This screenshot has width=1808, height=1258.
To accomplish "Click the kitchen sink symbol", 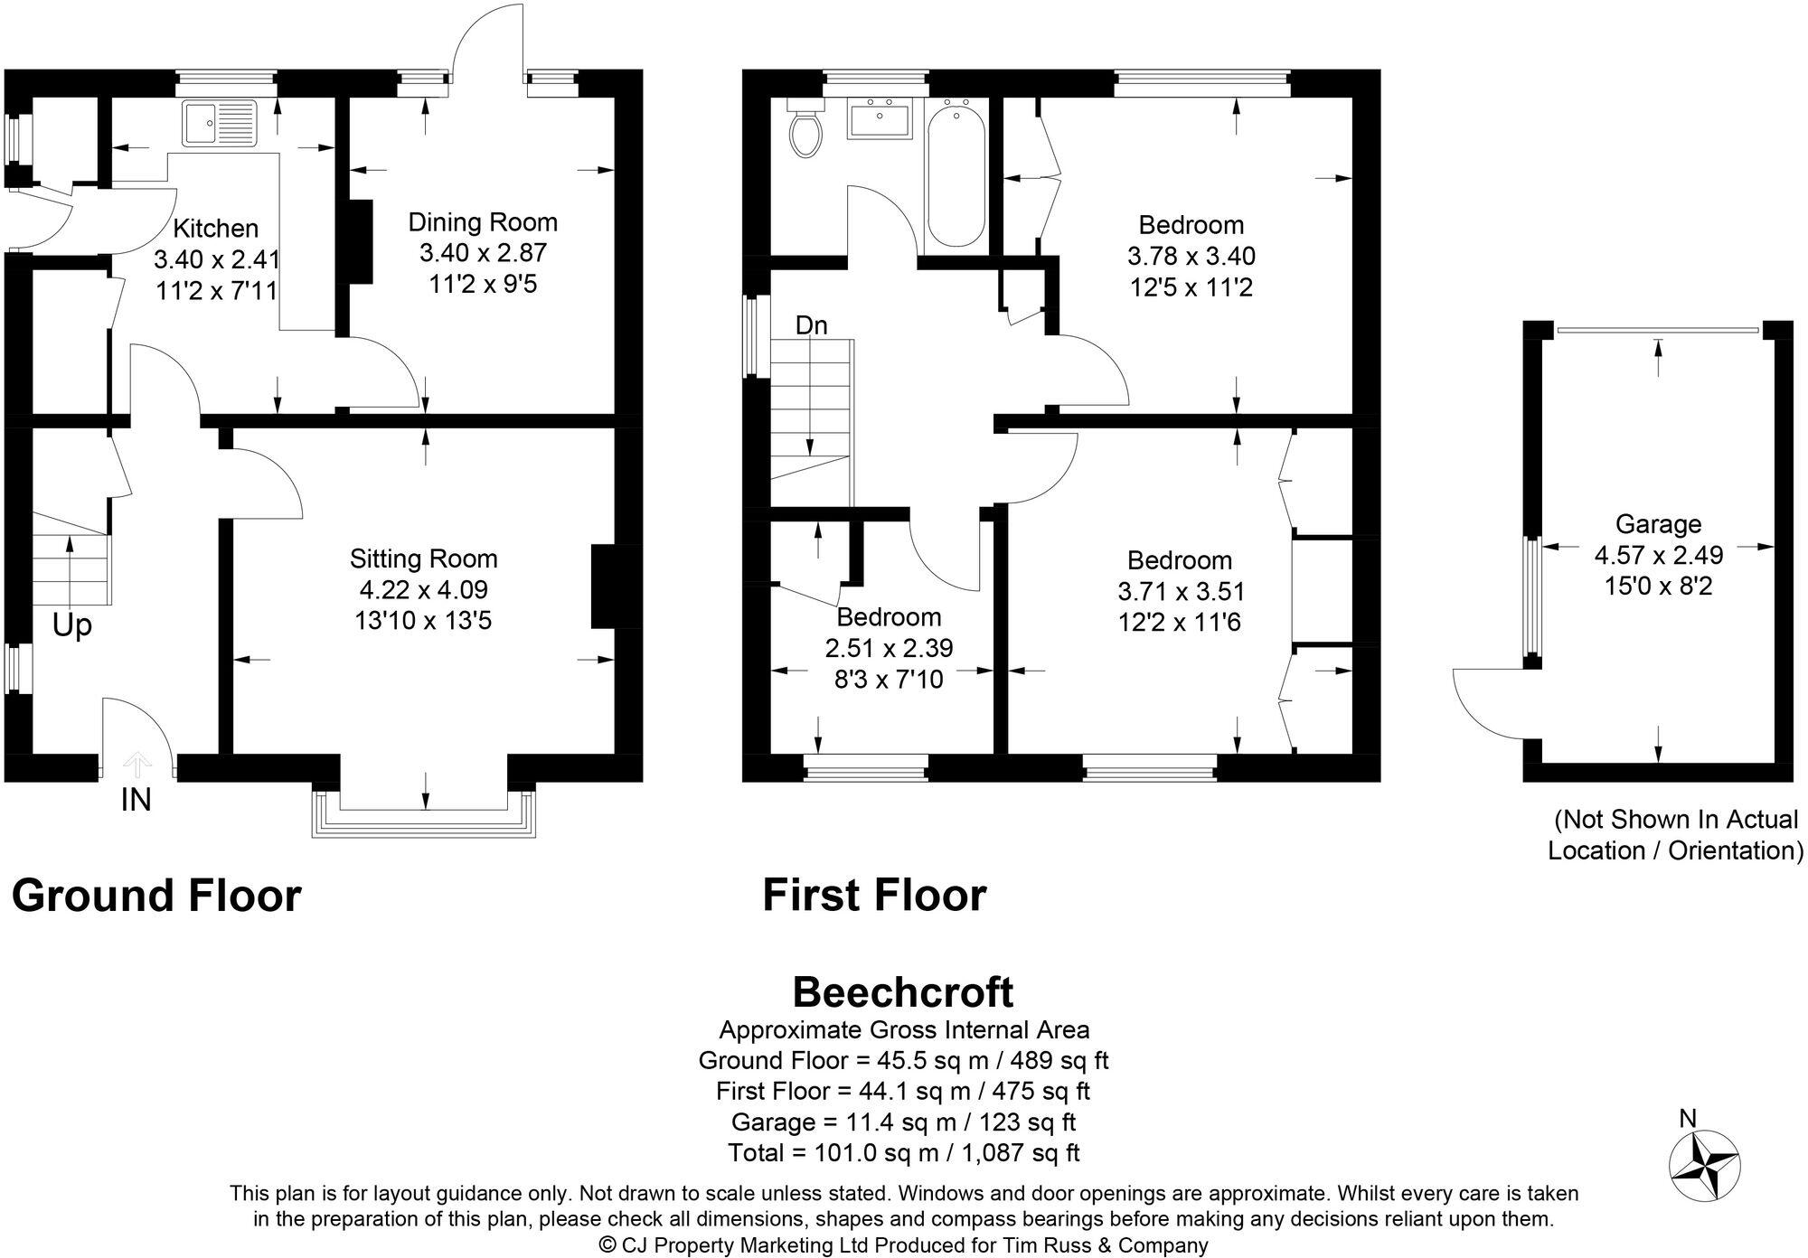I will pos(220,124).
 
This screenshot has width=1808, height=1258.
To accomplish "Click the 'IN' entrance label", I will pos(136,800).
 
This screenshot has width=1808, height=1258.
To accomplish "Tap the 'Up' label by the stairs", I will pos(71,625).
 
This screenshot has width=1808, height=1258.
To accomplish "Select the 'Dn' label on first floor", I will pos(811,325).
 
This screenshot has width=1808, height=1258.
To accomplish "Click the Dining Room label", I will pos(483,222).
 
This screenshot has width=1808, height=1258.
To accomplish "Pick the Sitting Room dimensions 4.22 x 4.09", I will pos(423,590).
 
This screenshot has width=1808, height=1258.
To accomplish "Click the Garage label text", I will pos(1658,524).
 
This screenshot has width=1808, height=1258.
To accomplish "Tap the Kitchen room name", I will pos(215,229).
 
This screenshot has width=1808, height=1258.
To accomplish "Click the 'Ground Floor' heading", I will pos(155,896).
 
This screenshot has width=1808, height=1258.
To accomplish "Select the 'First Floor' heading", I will pos(873,896).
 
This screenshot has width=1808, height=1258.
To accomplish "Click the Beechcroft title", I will pos(902,992).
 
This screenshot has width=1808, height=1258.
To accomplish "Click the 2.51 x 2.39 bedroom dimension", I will pos(889,648).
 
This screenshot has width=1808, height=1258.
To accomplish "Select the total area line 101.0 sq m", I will pos(903,1153).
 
